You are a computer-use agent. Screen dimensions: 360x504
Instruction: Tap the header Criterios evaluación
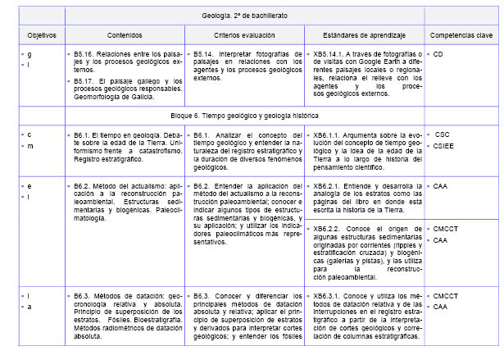tap(243, 36)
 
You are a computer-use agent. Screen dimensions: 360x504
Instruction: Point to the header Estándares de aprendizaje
tap(364, 36)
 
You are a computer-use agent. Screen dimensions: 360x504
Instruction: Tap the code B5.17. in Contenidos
tap(84, 80)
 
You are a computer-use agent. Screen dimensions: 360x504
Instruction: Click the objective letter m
tap(28, 146)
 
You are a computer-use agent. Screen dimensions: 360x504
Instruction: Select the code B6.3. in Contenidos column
tap(82, 294)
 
